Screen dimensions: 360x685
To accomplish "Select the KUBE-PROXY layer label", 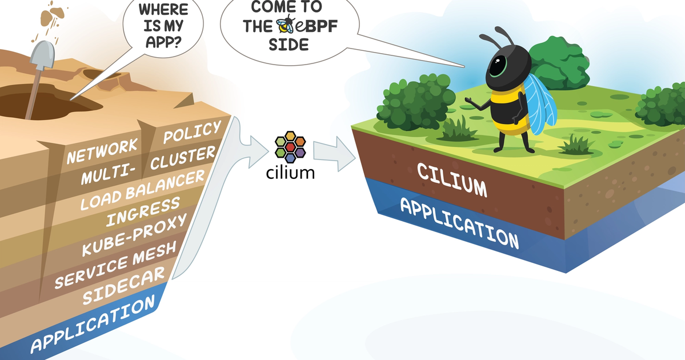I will coord(134,235).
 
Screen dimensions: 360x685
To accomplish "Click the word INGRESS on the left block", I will coord(143,211).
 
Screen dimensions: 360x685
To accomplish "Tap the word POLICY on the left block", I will coord(191,132).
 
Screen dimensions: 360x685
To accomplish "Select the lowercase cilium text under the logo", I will coord(290,172).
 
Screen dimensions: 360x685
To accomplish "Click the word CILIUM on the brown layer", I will coord(451,179).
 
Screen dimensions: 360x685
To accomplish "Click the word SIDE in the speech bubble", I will coord(288,44).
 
